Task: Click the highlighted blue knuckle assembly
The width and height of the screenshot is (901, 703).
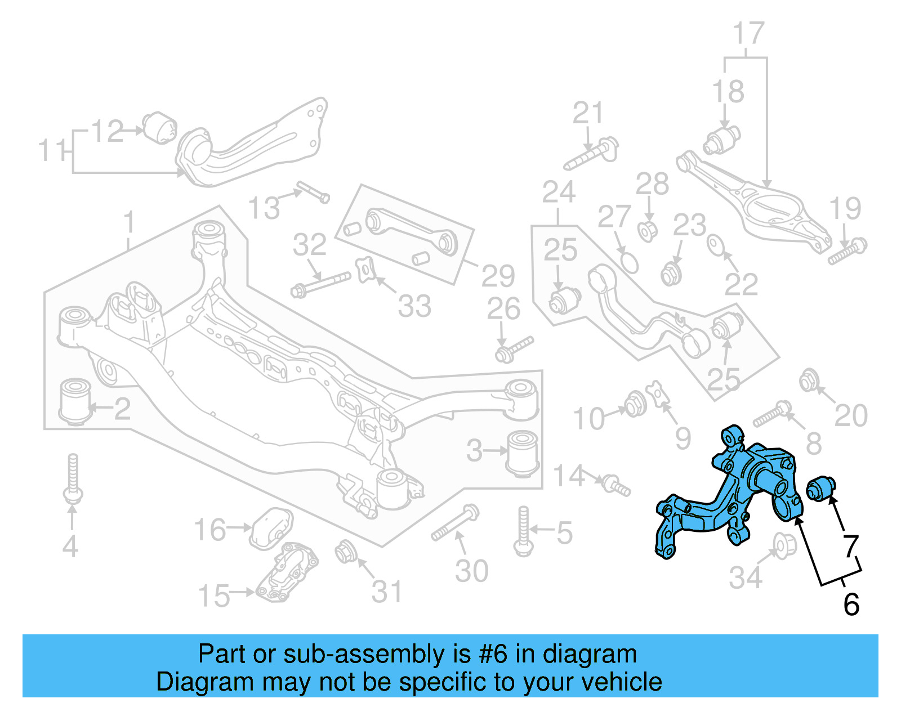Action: tap(732, 495)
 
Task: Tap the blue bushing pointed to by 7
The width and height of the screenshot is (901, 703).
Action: tap(821, 487)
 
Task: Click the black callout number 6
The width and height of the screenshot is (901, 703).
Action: tap(851, 605)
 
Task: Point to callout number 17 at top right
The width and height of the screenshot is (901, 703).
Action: tap(748, 34)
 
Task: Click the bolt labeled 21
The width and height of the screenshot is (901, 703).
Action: tap(591, 153)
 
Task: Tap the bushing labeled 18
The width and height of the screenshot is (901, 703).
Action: tap(721, 140)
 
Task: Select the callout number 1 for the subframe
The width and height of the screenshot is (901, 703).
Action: tap(130, 223)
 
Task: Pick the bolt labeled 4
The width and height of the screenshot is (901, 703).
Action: tap(73, 478)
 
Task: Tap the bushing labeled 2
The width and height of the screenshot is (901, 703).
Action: tap(74, 402)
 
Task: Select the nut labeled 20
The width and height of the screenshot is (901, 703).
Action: tap(808, 382)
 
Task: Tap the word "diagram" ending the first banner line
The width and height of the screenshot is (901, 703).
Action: tap(590, 655)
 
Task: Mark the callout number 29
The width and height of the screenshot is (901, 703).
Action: tap(498, 276)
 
